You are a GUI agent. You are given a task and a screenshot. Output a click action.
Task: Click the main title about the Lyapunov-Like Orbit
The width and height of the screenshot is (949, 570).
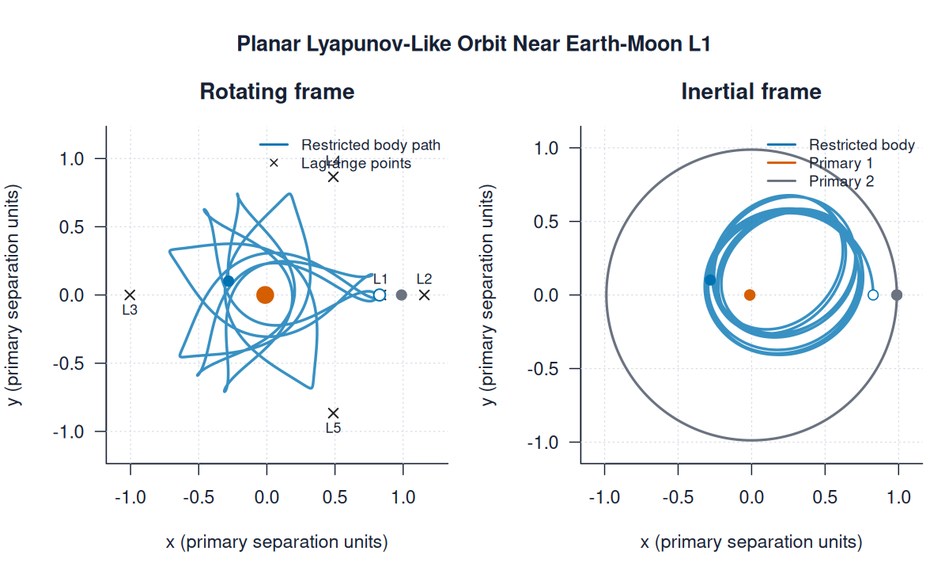click(x=474, y=44)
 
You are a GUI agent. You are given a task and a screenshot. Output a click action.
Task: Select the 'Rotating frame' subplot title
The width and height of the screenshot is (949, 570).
click(x=277, y=92)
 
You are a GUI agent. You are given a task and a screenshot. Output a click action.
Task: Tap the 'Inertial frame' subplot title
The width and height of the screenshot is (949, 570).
click(x=751, y=92)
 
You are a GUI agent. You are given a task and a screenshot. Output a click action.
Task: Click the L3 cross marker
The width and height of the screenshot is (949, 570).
click(x=130, y=295)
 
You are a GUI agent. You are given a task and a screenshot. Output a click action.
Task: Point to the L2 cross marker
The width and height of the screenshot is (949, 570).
click(x=425, y=295)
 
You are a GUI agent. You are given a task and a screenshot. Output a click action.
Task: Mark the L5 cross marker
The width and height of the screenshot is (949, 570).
click(x=334, y=412)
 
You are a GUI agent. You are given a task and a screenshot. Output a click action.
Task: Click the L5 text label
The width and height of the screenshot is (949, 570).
click(x=333, y=428)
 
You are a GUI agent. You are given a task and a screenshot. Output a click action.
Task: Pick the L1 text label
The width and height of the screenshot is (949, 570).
click(x=380, y=279)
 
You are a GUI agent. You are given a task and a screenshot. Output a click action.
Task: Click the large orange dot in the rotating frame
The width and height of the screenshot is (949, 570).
click(x=265, y=295)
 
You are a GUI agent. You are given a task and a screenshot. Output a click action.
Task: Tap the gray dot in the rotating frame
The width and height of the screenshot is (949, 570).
click(x=402, y=295)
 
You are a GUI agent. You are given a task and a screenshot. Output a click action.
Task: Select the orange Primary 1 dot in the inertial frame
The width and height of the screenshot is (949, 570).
click(x=750, y=295)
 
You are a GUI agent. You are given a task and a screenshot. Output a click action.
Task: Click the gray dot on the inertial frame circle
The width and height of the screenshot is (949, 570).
click(x=897, y=295)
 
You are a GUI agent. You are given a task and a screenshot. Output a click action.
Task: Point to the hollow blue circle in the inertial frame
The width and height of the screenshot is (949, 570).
click(x=873, y=295)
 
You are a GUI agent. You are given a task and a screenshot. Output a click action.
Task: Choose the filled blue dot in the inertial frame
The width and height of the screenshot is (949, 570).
click(x=710, y=279)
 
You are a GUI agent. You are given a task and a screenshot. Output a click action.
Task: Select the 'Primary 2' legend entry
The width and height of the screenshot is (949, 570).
click(x=841, y=181)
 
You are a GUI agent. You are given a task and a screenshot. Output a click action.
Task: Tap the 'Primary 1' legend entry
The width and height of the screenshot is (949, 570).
click(x=841, y=163)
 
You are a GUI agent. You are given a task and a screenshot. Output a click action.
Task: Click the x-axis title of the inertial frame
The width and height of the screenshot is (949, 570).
click(x=751, y=542)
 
